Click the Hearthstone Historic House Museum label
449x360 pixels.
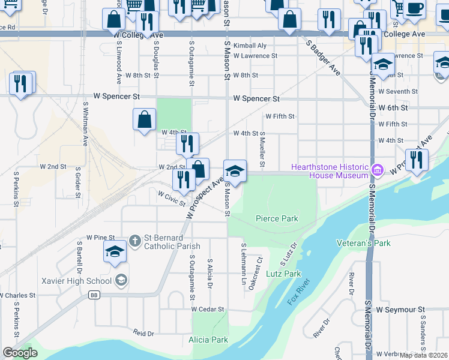click(x=330, y=171)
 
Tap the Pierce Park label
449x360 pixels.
click(x=277, y=219)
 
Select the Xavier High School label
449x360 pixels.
click(x=77, y=281)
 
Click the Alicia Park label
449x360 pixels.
click(x=208, y=340)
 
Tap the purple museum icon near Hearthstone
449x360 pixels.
click(x=376, y=170)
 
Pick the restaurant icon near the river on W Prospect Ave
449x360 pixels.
click(x=416, y=160)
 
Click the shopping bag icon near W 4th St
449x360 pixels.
click(x=145, y=120)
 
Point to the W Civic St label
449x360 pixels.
click(x=172, y=199)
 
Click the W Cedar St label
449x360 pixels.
click(x=208, y=310)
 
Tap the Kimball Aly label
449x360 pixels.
click(x=250, y=46)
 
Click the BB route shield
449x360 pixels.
click(x=94, y=295)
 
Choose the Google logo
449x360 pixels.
click(x=20, y=353)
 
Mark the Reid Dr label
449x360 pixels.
click(x=144, y=332)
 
